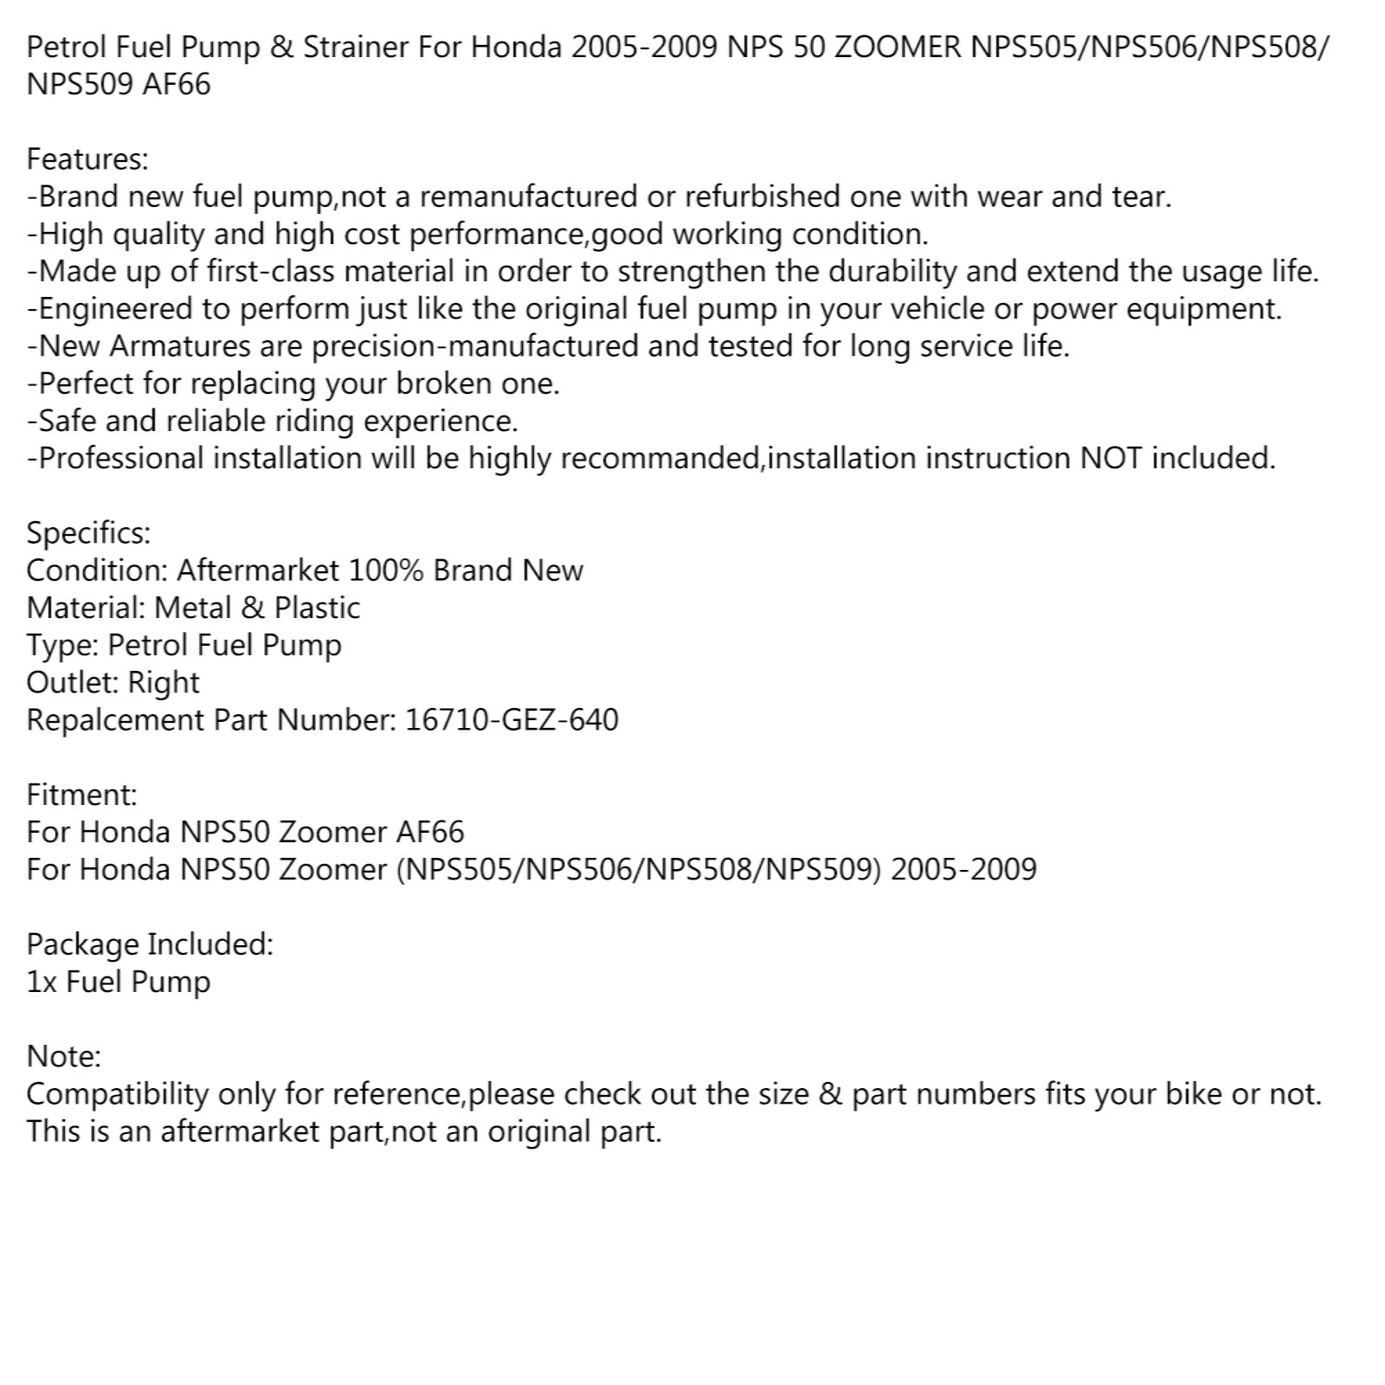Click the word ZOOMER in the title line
pyautogui.click(x=897, y=47)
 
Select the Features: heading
pyautogui.click(x=87, y=159)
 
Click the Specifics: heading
pyautogui.click(x=88, y=533)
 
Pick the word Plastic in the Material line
pyautogui.click(x=317, y=608)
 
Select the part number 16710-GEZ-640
pyautogui.click(x=512, y=720)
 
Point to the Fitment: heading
pyautogui.click(x=81, y=795)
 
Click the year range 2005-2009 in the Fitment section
pyautogui.click(x=963, y=869)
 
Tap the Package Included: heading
pyautogui.click(x=150, y=944)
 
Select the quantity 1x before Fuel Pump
pyautogui.click(x=41, y=982)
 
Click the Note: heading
pyautogui.click(x=64, y=1057)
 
